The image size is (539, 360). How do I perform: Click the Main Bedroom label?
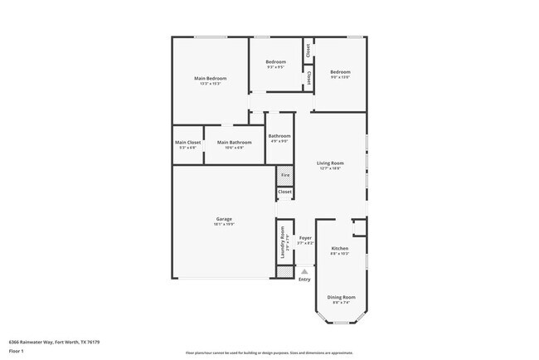(210, 79)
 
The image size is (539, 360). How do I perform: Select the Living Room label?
(330, 163)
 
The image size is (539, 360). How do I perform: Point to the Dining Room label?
(341, 297)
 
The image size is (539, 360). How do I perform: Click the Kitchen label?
(340, 249)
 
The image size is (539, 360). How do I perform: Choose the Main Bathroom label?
(234, 143)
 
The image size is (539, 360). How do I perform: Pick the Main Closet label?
(187, 143)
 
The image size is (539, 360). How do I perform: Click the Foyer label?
(305, 238)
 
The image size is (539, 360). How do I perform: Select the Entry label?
(304, 280)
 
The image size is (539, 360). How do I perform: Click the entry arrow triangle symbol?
(304, 271)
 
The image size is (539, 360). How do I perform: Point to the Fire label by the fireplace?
(284, 176)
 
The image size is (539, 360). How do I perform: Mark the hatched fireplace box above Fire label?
(284, 175)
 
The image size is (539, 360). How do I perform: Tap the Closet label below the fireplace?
(284, 192)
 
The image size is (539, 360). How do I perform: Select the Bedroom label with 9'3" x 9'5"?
(275, 62)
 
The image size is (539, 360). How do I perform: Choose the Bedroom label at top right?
(340, 72)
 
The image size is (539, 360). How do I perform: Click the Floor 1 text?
(16, 351)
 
